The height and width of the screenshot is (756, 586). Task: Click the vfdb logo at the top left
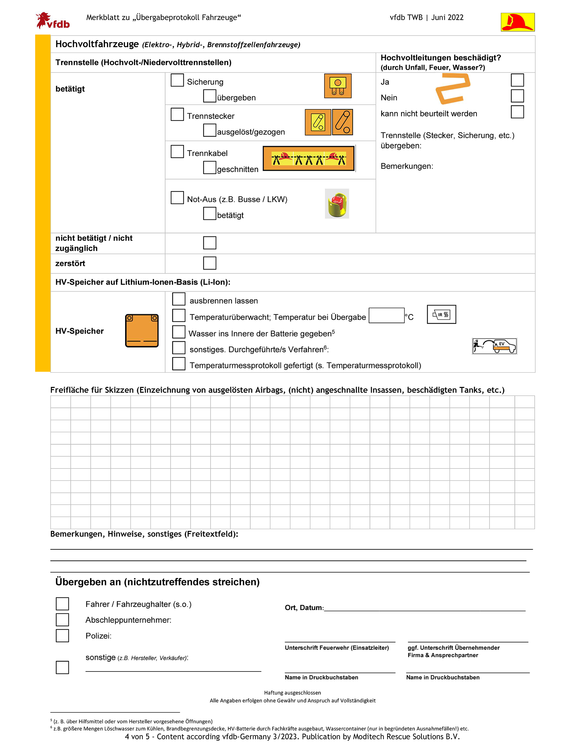coord(52,21)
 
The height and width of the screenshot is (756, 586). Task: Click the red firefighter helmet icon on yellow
coord(517,22)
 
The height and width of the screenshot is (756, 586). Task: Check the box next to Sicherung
coord(177,80)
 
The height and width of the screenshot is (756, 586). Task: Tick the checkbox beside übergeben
coord(209,96)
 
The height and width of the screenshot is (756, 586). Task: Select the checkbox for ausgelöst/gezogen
coord(209,130)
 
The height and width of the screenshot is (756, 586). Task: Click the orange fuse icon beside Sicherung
coord(338,86)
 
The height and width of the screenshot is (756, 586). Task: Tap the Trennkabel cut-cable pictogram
coord(308,158)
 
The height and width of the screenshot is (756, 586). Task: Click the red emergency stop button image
coord(337,204)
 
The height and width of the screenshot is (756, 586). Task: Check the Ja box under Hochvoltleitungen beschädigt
coord(517,80)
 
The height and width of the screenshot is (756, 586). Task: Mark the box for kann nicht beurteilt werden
coord(517,112)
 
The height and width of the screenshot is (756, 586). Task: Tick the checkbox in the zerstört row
coord(209,263)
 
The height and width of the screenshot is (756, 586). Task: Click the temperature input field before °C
coord(386,315)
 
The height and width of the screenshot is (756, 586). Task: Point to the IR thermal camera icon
coord(441,314)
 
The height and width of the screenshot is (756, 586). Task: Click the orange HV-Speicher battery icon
coord(142,331)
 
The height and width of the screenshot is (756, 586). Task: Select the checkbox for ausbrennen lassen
coord(179,299)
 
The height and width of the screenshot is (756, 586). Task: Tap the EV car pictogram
coord(494,346)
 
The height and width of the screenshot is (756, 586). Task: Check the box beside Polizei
coord(62,635)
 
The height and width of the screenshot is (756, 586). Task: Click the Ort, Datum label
coord(304,608)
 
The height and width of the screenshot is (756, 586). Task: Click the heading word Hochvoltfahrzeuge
coord(97,44)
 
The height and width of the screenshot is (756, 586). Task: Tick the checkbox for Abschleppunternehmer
coord(62,620)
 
